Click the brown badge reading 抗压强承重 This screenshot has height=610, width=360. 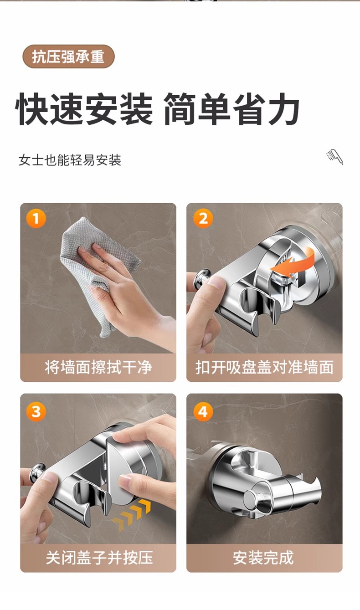point(68,56)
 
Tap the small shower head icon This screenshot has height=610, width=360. point(334,157)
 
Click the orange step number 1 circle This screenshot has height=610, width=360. point(36,218)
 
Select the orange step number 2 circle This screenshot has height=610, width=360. point(203,218)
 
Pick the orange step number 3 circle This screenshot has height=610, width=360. point(36,411)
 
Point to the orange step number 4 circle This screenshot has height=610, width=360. point(203,411)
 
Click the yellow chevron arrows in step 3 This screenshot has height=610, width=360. point(131,515)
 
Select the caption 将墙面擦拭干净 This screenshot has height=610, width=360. point(98,367)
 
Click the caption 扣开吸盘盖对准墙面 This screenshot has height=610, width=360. point(264,367)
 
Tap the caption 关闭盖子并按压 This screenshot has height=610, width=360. point(99,558)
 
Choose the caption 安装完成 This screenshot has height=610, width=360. point(263,558)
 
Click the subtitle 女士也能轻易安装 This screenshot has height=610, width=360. point(70,160)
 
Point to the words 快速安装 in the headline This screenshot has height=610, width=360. point(84,109)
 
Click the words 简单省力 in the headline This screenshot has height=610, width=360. point(231,109)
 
